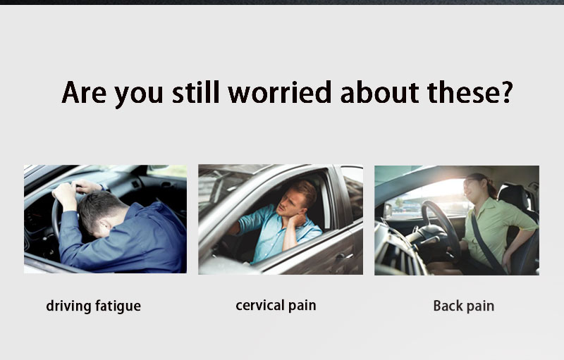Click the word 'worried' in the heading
(x=279, y=92)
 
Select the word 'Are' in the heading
(x=84, y=92)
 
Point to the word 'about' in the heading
(x=379, y=92)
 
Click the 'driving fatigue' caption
(x=94, y=306)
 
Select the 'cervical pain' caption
(x=276, y=305)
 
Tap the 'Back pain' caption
(x=464, y=306)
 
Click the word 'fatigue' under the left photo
(x=118, y=306)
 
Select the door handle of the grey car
(x=343, y=256)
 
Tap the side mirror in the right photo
(x=388, y=210)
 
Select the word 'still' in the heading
(x=195, y=92)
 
